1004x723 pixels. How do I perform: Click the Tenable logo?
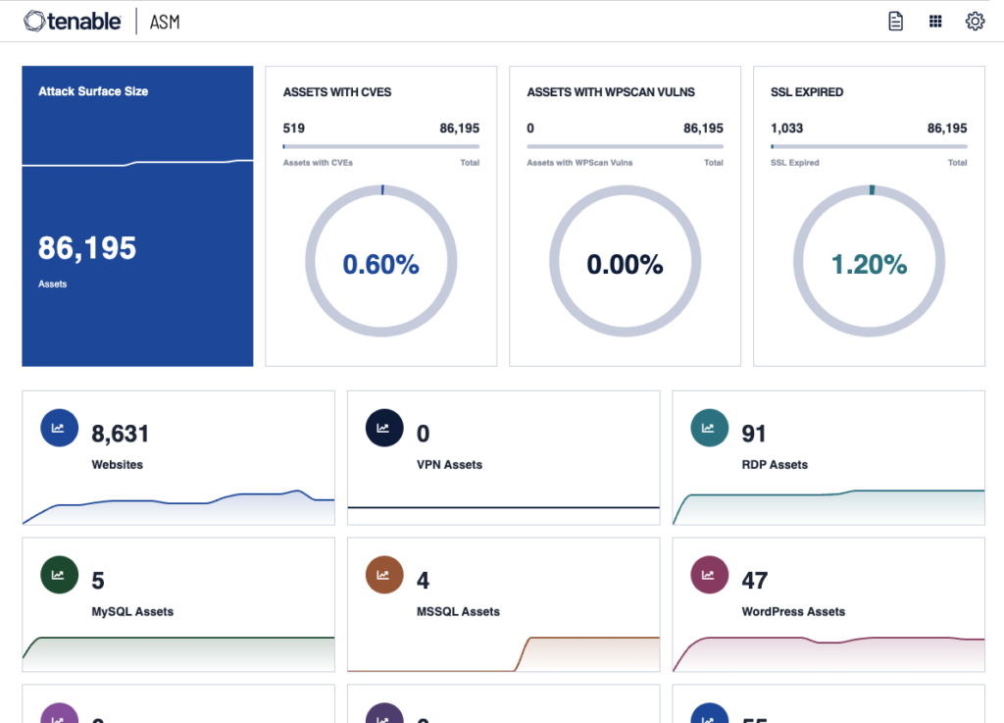(73, 21)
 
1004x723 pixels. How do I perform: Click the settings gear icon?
(975, 22)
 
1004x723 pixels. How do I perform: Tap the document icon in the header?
(895, 22)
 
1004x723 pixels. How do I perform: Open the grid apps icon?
(935, 22)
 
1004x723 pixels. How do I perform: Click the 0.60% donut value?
(380, 264)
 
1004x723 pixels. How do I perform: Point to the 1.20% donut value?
(869, 264)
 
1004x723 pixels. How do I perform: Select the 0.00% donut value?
(625, 264)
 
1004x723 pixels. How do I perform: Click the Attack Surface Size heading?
(93, 91)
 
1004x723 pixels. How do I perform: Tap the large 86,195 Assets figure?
(87, 248)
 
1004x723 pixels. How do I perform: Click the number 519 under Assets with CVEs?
(293, 129)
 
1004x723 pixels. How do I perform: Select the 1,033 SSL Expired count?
(786, 129)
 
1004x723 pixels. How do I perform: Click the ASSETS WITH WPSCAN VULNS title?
(611, 92)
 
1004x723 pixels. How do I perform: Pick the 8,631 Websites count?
(121, 434)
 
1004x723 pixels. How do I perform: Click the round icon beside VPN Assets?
(383, 428)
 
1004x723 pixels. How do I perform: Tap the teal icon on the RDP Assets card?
(709, 428)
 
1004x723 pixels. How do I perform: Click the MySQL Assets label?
(132, 611)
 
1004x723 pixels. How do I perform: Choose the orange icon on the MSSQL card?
(383, 575)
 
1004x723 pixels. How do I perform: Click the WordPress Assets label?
(793, 611)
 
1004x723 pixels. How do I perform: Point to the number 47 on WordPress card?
(754, 581)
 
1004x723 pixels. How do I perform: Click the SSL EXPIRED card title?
(807, 92)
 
